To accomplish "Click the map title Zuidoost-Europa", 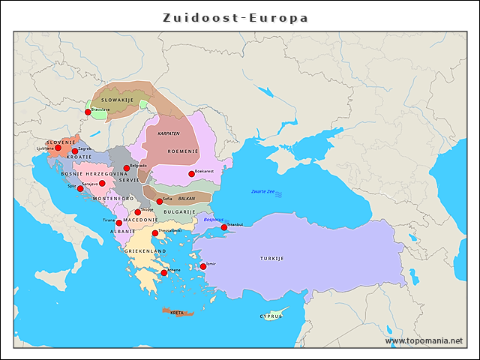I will click(235, 17).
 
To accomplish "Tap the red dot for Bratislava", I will click(88, 112).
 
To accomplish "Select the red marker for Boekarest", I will click(191, 174).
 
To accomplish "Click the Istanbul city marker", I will click(223, 227).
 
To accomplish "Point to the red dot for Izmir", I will click(203, 266).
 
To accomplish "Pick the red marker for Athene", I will click(164, 273).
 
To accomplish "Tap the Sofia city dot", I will click(159, 201).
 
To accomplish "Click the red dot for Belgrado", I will click(126, 168).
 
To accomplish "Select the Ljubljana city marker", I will click(58, 148).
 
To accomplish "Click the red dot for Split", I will click(80, 188).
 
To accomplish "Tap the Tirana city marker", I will click(118, 223).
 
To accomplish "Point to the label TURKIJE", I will click(272, 258).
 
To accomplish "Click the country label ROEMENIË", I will click(182, 151).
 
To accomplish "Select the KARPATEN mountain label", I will click(169, 133).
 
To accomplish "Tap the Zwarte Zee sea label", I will click(262, 192).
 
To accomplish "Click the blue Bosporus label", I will click(214, 220).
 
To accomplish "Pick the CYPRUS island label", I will click(271, 316).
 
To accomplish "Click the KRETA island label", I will click(177, 313).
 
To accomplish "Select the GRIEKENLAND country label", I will click(140, 250).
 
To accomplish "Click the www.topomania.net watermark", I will click(424, 340).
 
